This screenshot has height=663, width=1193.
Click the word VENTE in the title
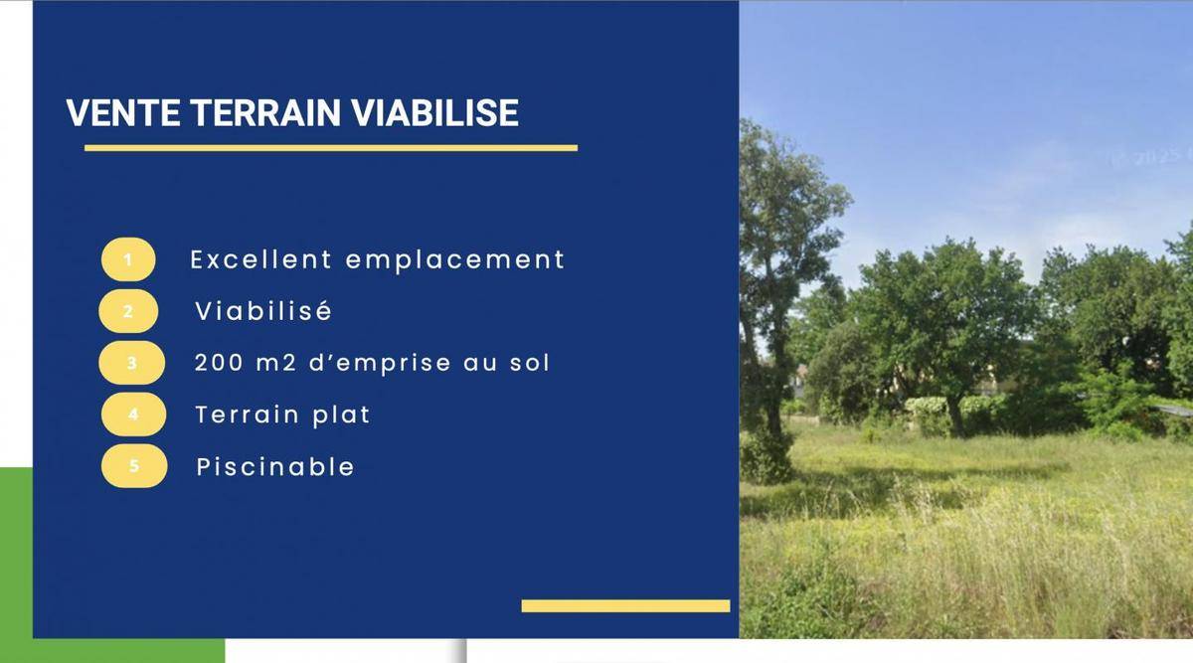(123, 112)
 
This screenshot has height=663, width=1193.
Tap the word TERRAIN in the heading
(265, 112)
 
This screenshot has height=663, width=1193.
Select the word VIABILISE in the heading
(434, 112)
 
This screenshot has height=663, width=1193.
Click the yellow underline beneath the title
(331, 148)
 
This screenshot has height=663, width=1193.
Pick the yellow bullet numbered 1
(128, 259)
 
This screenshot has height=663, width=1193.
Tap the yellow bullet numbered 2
(128, 311)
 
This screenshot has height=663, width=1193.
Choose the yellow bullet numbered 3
(131, 363)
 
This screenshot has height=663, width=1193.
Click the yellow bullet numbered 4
(133, 414)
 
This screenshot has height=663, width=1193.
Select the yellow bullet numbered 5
(134, 466)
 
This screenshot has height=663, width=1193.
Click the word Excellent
(261, 259)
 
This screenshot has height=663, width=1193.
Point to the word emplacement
(455, 259)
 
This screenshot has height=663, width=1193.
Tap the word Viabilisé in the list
(263, 310)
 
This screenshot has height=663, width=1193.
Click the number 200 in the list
(219, 363)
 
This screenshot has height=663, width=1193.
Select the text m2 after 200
(276, 363)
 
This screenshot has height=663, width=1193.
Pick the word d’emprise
(380, 363)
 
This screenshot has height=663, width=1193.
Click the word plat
(341, 415)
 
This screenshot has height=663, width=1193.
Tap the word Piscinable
(275, 466)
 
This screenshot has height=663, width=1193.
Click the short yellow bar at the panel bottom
(625, 606)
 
